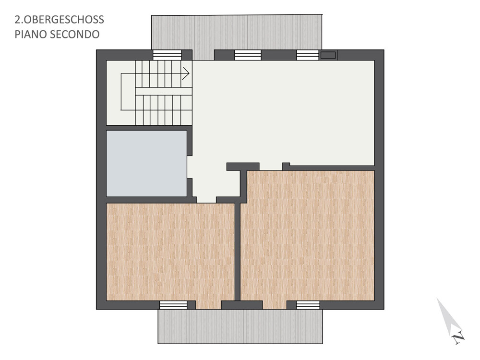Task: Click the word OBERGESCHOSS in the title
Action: [64, 20]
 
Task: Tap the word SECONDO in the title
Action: [74, 34]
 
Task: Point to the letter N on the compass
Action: [458, 338]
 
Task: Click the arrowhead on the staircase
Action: [186, 73]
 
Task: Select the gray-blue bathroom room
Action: [146, 164]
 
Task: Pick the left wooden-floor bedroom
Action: [170, 252]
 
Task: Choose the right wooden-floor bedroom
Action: [307, 235]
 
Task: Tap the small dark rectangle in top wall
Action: [328, 55]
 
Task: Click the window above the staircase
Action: [167, 55]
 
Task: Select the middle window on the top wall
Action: [248, 55]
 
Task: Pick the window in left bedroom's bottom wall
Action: [173, 305]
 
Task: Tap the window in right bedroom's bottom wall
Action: [308, 305]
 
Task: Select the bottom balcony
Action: [240, 326]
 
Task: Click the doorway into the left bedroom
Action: [206, 200]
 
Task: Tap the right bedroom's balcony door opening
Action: [275, 305]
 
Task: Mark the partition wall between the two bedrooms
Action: [238, 252]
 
